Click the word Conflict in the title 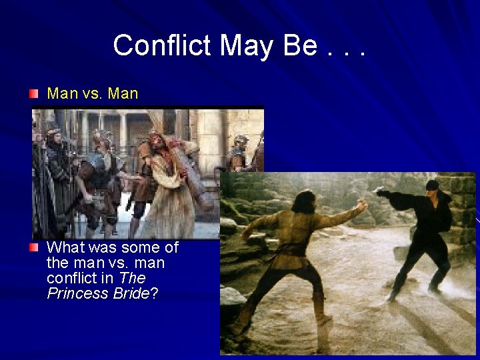(163, 45)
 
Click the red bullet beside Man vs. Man (34, 94)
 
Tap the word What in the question (65, 248)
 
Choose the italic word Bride (131, 293)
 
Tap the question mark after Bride (155, 293)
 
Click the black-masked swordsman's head (432, 188)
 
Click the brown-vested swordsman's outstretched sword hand (361, 207)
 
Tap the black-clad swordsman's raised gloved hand (382, 192)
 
